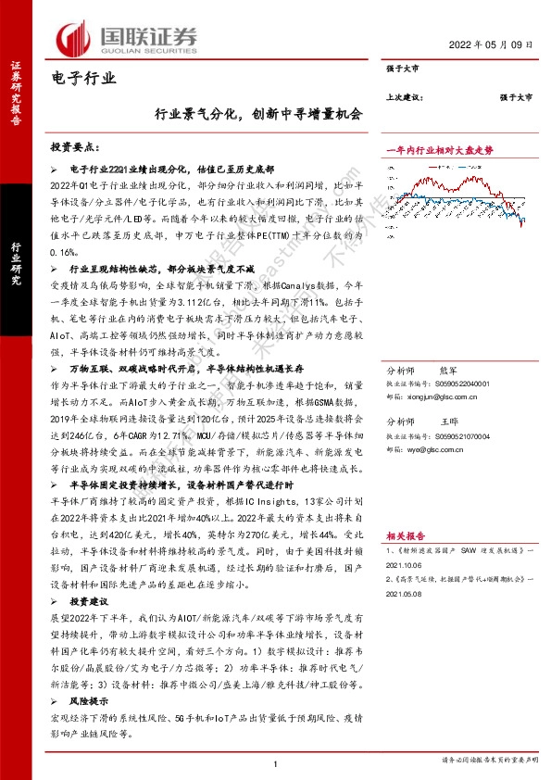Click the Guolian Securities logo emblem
(x=72, y=38)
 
